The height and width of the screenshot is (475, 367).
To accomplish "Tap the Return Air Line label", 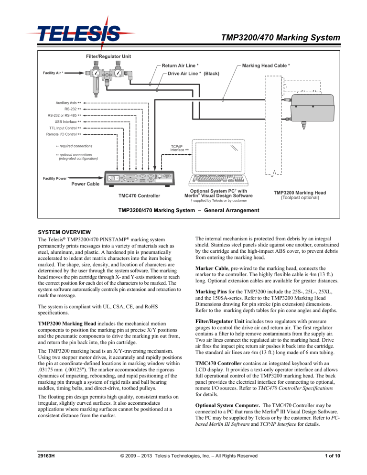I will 180,65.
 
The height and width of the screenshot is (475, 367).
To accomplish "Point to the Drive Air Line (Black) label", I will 191,74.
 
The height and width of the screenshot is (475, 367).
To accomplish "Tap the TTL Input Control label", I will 65,129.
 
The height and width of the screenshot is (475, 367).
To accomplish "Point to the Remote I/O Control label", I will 64,135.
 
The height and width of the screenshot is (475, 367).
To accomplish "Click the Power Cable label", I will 72,184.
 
